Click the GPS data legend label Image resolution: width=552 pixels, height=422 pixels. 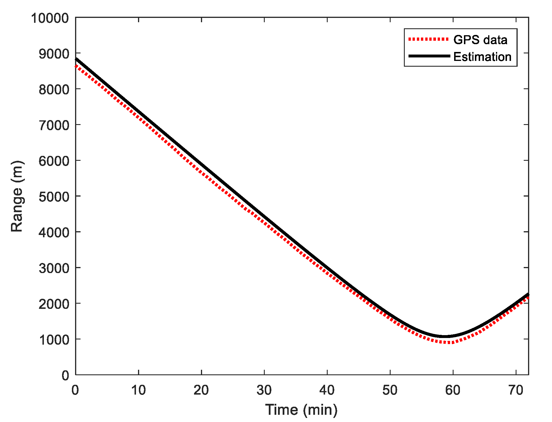[480, 40]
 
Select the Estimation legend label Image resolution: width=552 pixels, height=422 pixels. [482, 57]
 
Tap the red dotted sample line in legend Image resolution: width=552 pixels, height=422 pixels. [428, 39]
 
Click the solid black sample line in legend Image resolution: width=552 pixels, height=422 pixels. [429, 56]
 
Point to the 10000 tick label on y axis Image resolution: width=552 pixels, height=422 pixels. [50, 18]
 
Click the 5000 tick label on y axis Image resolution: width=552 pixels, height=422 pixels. [54, 197]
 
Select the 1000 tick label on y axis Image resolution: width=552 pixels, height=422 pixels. [54, 340]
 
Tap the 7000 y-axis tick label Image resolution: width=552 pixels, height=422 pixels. [54, 125]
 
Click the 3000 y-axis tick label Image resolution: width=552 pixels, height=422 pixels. [54, 268]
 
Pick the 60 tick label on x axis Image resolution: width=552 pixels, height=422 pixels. [453, 390]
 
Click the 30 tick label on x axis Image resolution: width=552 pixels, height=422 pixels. [264, 390]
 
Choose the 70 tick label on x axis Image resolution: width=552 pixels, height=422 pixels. [516, 390]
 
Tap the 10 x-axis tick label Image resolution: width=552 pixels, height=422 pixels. [138, 390]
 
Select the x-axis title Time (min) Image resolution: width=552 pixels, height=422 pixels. [301, 410]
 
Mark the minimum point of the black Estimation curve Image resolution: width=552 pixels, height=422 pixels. [445, 337]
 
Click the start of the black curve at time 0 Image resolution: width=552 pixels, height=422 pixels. [76, 59]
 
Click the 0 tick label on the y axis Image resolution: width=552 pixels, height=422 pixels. [66, 376]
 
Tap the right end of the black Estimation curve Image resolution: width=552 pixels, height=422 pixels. [528, 294]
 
